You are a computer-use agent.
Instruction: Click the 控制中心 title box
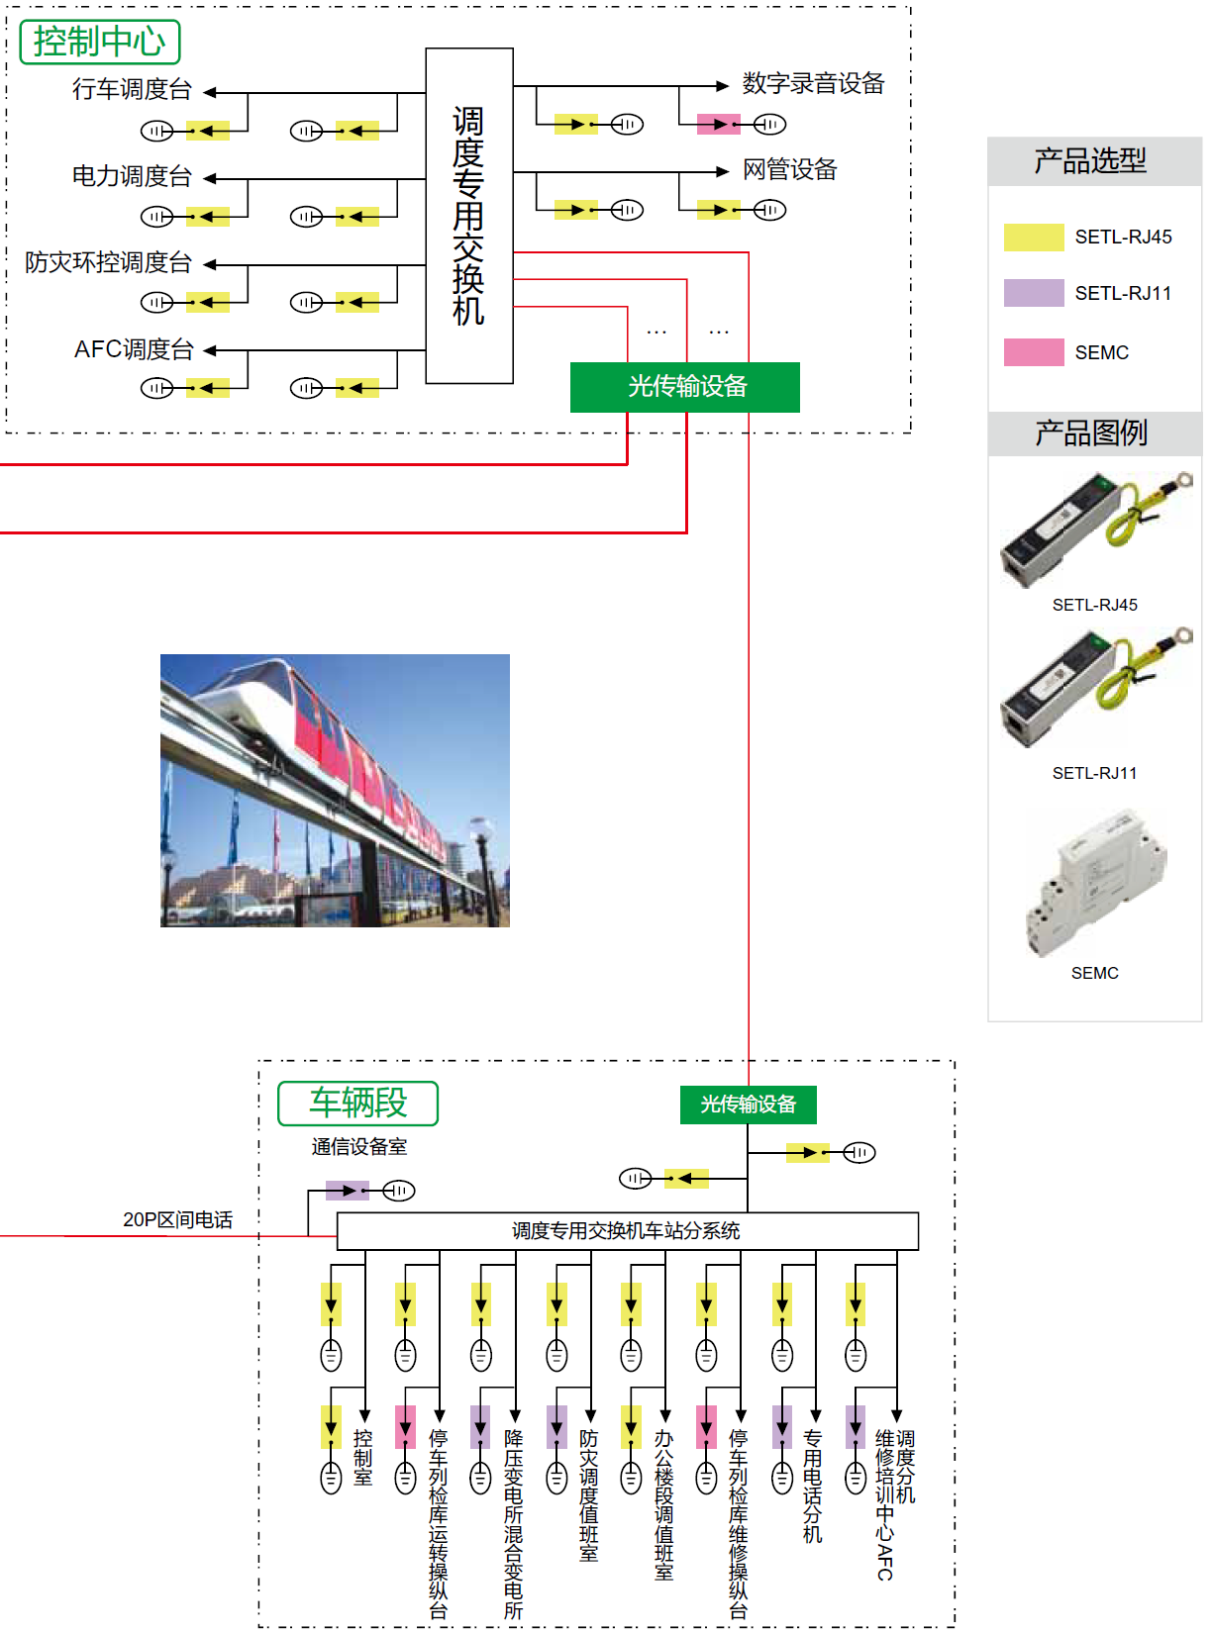100,42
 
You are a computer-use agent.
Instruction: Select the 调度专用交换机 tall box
469,216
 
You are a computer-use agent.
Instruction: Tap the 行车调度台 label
132,90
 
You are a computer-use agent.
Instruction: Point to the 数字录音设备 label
813,84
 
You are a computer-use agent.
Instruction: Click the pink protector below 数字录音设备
718,124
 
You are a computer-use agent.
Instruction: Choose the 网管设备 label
789,170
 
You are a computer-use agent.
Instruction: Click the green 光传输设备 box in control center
685,387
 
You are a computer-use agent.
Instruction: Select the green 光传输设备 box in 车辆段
748,1105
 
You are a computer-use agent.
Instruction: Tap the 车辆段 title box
357,1103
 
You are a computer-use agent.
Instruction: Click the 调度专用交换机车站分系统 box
627,1231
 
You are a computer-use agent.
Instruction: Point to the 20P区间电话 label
178,1220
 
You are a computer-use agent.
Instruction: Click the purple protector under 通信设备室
348,1190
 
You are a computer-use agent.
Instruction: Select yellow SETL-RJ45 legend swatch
1033,238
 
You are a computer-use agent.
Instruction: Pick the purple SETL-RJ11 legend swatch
1033,293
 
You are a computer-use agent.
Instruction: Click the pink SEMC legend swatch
1033,352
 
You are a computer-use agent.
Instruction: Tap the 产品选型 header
1093,160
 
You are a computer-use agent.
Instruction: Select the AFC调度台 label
134,349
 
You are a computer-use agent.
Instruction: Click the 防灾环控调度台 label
108,263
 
